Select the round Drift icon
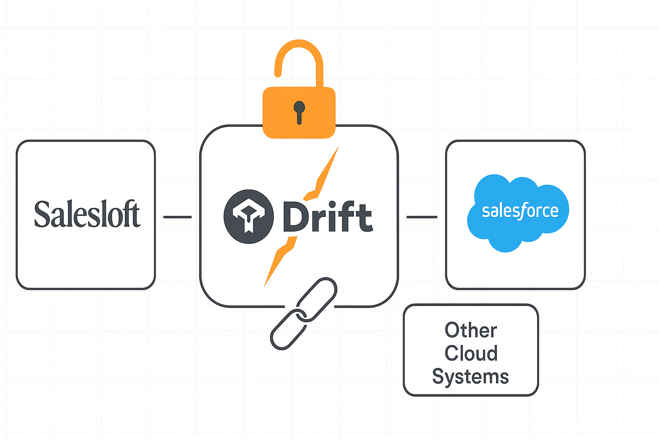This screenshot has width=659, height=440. (x=248, y=216)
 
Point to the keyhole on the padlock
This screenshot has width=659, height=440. (x=299, y=110)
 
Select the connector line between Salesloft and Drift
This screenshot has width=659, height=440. (x=177, y=217)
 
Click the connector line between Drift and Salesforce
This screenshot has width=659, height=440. (x=422, y=217)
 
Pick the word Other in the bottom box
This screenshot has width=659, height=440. (x=471, y=330)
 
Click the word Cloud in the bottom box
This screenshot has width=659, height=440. (x=471, y=353)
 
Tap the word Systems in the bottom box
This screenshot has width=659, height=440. (x=470, y=377)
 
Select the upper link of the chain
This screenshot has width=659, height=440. (x=317, y=298)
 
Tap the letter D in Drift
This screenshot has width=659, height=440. (x=295, y=217)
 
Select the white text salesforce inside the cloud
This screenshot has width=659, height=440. (x=520, y=211)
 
